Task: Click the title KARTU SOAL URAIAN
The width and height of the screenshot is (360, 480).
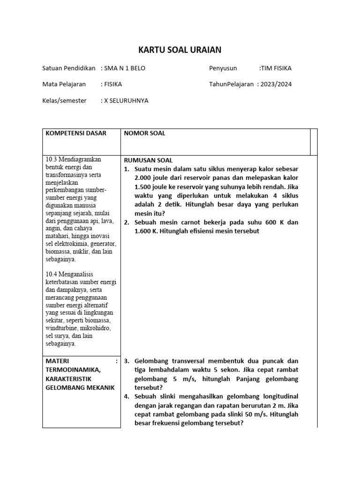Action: click(x=180, y=50)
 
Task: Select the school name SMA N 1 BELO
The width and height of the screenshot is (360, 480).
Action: click(x=125, y=68)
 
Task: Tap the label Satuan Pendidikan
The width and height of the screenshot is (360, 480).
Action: click(x=69, y=68)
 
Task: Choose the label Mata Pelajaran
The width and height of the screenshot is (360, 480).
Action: click(x=64, y=84)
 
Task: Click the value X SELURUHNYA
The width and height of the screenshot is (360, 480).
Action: click(x=126, y=100)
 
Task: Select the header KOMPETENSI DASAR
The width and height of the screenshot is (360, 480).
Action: click(x=75, y=133)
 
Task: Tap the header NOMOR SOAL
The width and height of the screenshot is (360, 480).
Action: click(x=144, y=133)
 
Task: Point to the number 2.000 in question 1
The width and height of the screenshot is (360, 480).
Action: click(x=144, y=178)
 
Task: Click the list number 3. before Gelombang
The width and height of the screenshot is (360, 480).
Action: click(x=127, y=361)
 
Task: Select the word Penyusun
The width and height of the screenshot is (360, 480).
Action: click(x=223, y=68)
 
